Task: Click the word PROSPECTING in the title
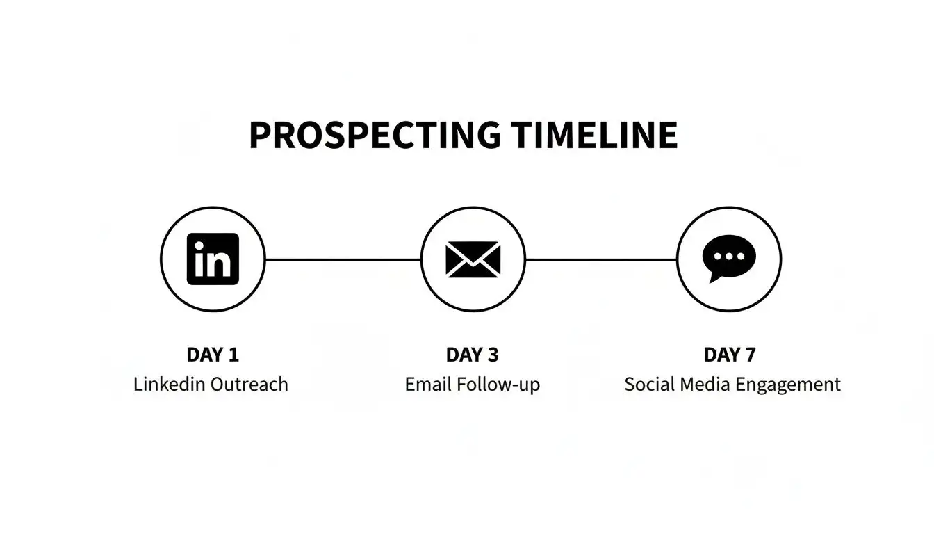tap(374, 136)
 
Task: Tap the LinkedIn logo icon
tap(213, 259)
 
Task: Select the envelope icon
tap(473, 259)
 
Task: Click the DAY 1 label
tap(213, 355)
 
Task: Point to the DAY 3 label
tap(473, 355)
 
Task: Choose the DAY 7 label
tap(730, 355)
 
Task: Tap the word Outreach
tap(248, 385)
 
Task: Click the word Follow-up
tap(498, 385)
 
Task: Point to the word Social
tap(646, 385)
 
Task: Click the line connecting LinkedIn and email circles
tap(343, 259)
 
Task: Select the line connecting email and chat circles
tap(601, 259)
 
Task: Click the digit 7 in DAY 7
tap(750, 355)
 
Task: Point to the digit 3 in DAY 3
tap(493, 355)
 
